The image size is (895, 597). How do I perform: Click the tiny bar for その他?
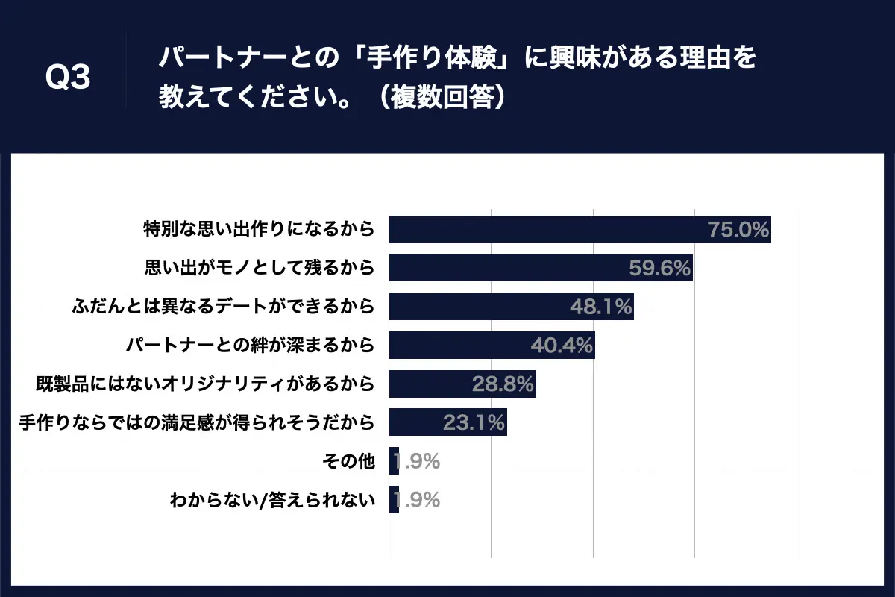point(394,462)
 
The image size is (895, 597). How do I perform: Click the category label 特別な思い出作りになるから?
point(258,229)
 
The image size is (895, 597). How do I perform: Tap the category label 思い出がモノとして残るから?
point(258,268)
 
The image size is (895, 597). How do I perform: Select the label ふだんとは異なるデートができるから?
point(222,307)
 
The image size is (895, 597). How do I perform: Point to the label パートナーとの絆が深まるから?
point(249,346)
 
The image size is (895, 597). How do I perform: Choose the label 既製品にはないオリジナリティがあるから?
point(204,384)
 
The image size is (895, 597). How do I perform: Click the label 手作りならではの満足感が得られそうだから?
point(195,423)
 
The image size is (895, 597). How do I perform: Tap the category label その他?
point(348,462)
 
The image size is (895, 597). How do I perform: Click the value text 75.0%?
point(738,230)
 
